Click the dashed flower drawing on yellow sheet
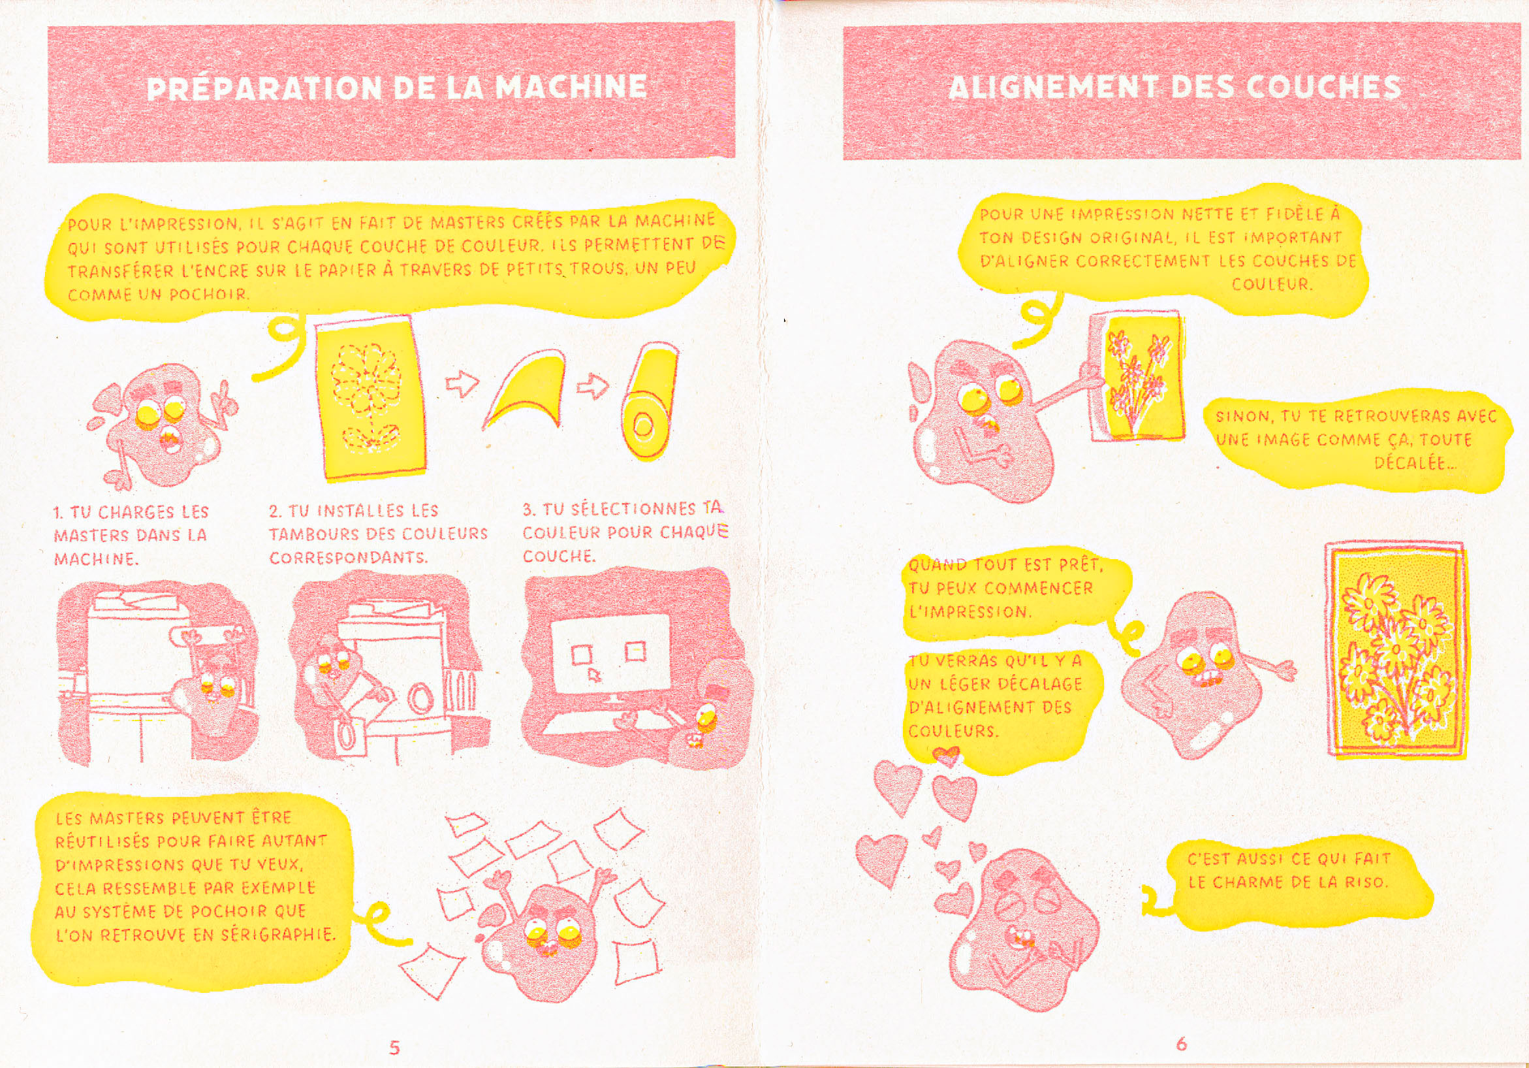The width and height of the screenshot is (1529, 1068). click(368, 395)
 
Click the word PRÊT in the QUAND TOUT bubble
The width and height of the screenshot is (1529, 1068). click(1080, 566)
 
